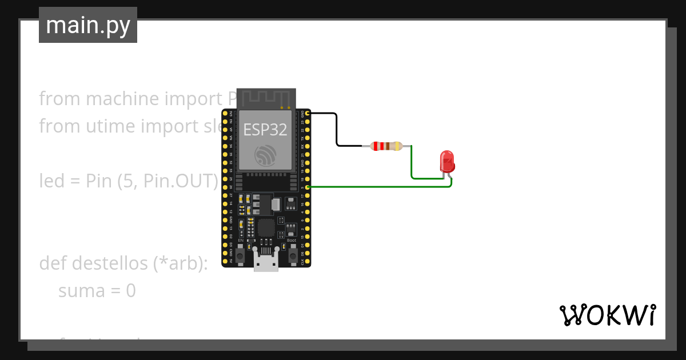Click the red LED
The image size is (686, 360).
446,161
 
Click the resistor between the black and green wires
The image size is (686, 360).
386,146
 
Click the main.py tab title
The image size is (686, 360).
88,25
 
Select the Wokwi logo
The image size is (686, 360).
607,315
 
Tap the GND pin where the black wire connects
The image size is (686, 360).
308,114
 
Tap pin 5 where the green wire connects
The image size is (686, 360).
308,187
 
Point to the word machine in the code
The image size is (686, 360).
123,99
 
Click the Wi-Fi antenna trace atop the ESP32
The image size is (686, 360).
266,98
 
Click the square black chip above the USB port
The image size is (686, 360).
266,227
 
